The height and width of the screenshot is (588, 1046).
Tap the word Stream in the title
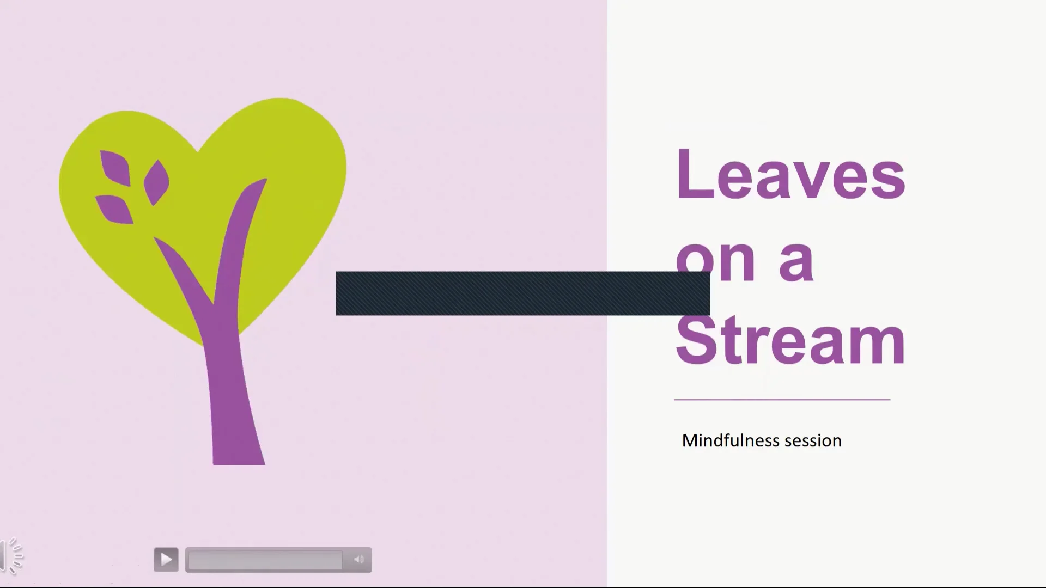pos(790,341)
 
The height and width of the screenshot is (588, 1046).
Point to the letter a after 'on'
pos(796,261)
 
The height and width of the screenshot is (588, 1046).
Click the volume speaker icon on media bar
pos(358,560)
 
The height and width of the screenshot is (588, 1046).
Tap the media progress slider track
pos(265,560)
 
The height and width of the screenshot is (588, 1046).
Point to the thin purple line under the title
pos(782,400)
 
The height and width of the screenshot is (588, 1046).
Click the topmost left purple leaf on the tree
pos(115,167)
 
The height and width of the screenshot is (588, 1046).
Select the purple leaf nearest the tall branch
pos(156,182)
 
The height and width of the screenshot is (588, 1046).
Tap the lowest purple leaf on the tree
pos(115,209)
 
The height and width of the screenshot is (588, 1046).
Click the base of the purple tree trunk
pos(239,455)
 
